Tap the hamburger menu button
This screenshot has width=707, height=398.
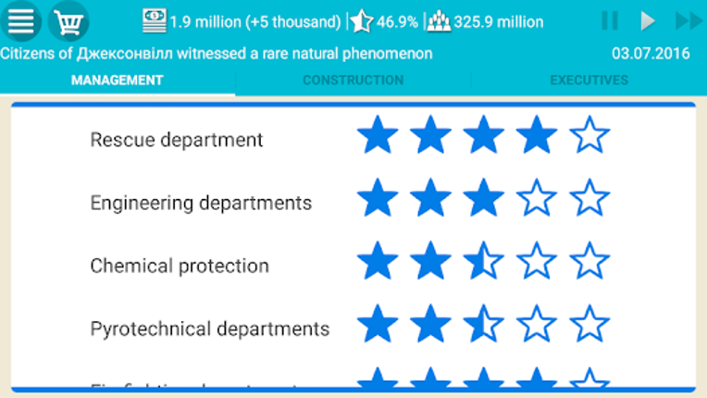pyautogui.click(x=20, y=20)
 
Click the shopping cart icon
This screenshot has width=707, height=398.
pyautogui.click(x=68, y=20)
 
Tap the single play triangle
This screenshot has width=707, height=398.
pyautogui.click(x=648, y=20)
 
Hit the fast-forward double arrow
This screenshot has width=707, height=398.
pyautogui.click(x=688, y=20)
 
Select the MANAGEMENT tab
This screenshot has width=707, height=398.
pyautogui.click(x=118, y=81)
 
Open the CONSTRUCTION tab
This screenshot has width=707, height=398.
pyautogui.click(x=353, y=81)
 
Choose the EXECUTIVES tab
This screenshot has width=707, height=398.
pyautogui.click(x=589, y=81)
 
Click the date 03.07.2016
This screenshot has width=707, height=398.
pyautogui.click(x=651, y=54)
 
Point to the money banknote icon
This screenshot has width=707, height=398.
pyautogui.click(x=155, y=20)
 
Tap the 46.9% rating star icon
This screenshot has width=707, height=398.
pyautogui.click(x=361, y=20)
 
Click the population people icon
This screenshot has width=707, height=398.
pyautogui.click(x=439, y=20)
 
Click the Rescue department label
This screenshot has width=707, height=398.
pyautogui.click(x=177, y=140)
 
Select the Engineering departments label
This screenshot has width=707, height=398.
pyautogui.click(x=201, y=203)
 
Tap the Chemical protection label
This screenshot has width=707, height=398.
pyautogui.click(x=180, y=266)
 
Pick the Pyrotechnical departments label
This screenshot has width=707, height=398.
pyautogui.click(x=210, y=329)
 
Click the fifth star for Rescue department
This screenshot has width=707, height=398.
pyautogui.click(x=589, y=136)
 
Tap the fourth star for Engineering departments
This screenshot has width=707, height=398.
pyautogui.click(x=537, y=199)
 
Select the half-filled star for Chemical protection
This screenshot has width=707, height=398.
pyautogui.click(x=483, y=262)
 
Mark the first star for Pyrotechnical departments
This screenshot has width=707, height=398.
pyautogui.click(x=377, y=325)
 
